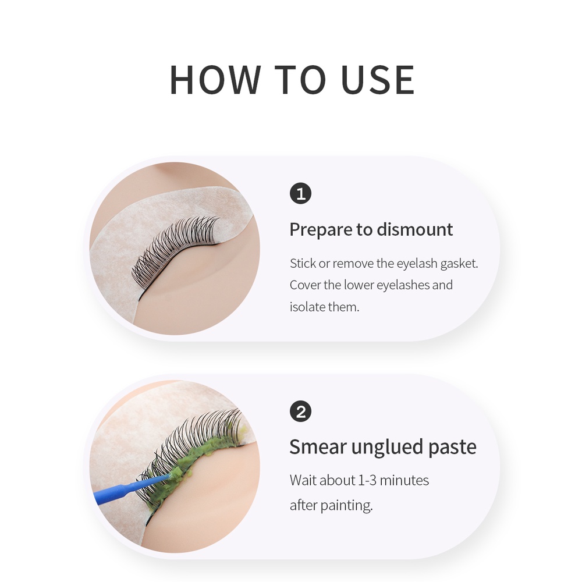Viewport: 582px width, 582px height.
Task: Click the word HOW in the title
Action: (x=215, y=80)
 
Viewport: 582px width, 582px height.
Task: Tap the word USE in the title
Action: (x=378, y=80)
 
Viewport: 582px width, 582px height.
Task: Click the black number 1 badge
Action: (x=300, y=194)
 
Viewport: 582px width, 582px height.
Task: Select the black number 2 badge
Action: (x=300, y=411)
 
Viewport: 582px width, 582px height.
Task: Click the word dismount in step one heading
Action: (x=415, y=229)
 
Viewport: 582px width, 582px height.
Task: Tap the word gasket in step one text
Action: (x=459, y=264)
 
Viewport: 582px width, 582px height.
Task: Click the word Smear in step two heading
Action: (x=318, y=446)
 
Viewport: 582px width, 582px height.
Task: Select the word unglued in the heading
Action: (x=387, y=447)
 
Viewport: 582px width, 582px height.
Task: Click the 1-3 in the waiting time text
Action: (x=367, y=480)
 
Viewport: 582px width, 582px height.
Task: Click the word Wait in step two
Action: (x=303, y=480)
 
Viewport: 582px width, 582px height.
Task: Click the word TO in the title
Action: (x=300, y=80)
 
